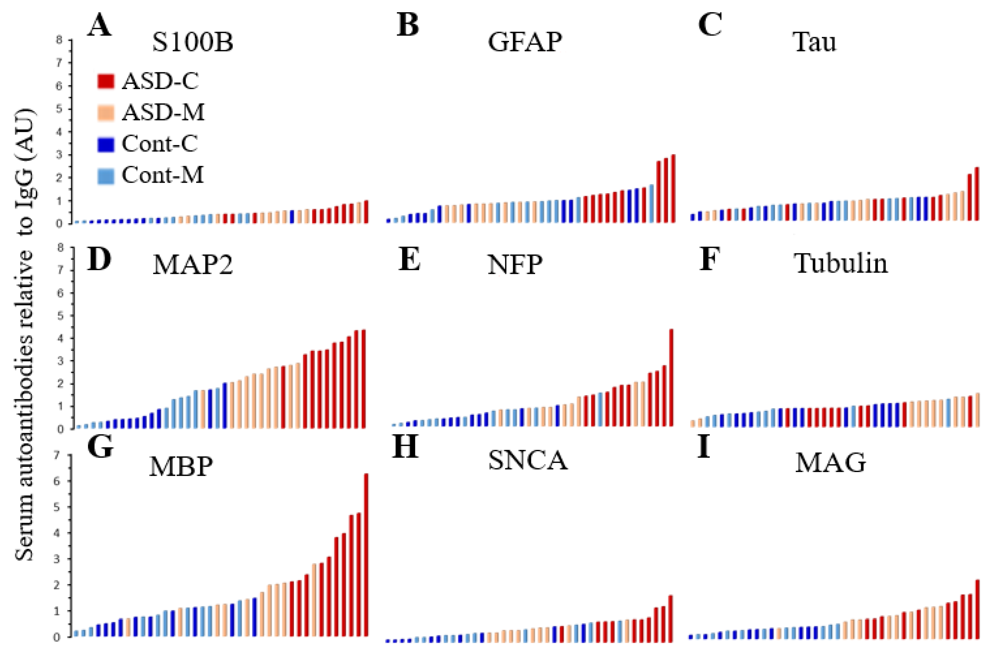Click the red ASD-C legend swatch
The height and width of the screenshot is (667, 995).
(x=106, y=81)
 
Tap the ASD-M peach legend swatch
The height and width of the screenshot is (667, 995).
(x=106, y=113)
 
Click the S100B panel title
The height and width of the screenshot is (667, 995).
(x=192, y=42)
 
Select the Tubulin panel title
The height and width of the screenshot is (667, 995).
(x=841, y=264)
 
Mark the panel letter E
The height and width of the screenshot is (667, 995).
(x=409, y=260)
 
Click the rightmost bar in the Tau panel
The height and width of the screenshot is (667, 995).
(x=977, y=194)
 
